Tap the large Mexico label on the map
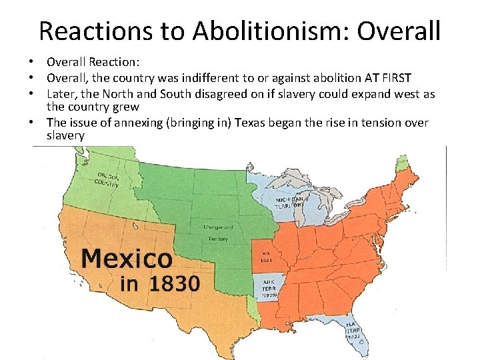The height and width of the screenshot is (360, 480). point(127,258)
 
